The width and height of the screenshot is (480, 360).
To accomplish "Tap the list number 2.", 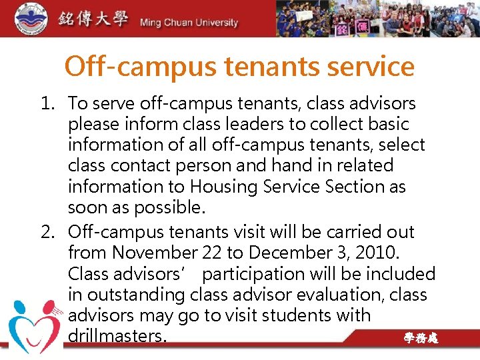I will tap(47, 233).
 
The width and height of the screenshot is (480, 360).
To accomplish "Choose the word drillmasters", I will tap(117, 336).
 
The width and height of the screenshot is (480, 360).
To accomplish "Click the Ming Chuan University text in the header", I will tap(189, 23).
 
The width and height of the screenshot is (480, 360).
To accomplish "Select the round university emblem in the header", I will tap(23, 18).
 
